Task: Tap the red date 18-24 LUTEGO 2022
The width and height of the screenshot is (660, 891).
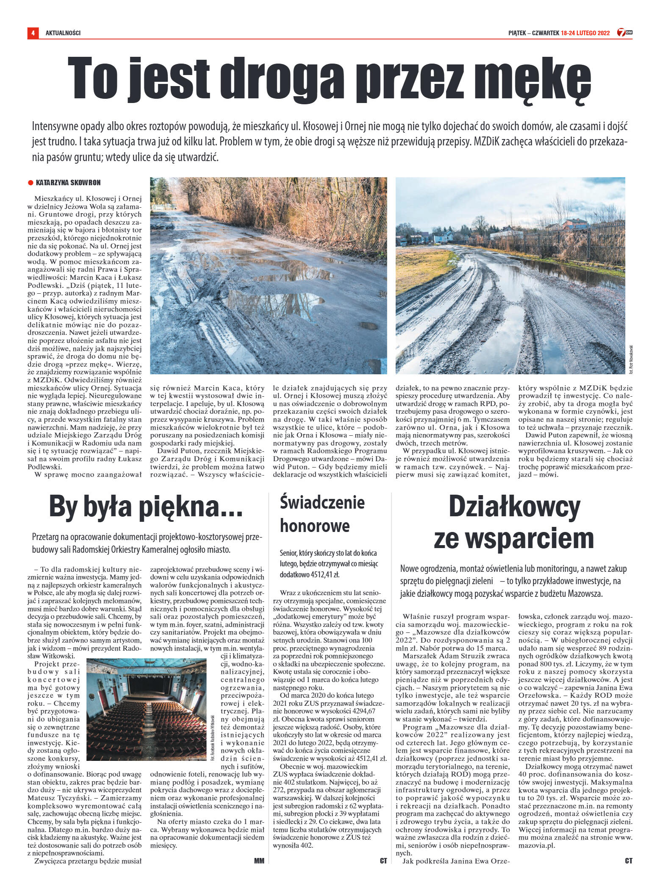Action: click(585, 33)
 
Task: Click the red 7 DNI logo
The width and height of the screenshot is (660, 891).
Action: click(625, 32)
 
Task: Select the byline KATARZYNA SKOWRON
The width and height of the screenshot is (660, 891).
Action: click(68, 183)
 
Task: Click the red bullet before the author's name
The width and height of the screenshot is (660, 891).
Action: click(30, 183)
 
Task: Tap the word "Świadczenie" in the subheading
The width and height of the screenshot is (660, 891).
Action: click(322, 503)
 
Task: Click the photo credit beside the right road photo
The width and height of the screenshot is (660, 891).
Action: click(630, 358)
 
